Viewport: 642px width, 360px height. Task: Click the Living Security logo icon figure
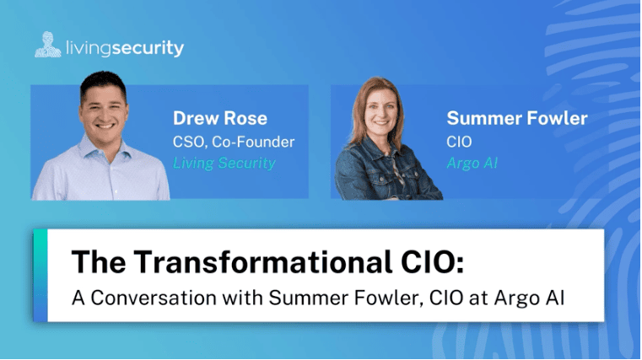tap(48, 45)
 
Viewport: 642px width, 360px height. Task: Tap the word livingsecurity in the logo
tap(125, 48)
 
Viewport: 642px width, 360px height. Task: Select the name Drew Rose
tap(220, 118)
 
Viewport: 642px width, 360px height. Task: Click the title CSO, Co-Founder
tap(234, 142)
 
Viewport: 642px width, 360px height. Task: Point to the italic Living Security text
tap(224, 164)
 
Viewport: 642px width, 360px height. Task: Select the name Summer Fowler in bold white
tap(517, 118)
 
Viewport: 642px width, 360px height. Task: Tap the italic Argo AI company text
tap(472, 164)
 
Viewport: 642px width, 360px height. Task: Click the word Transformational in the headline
tap(262, 261)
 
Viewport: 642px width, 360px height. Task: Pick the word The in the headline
tap(99, 261)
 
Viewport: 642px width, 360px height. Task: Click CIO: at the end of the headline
tap(433, 261)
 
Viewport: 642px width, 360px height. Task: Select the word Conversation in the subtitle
tap(154, 298)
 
